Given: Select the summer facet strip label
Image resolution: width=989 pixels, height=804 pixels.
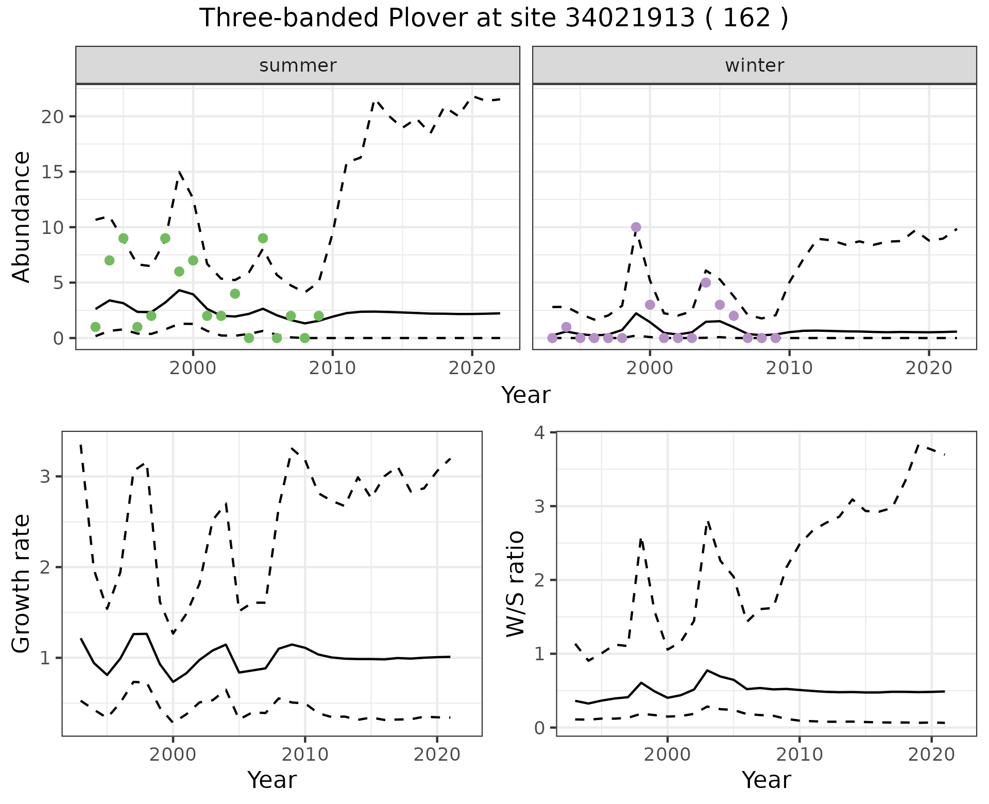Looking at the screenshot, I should pyautogui.click(x=298, y=65).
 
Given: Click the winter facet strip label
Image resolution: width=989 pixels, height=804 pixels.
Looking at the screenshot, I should pyautogui.click(x=754, y=65).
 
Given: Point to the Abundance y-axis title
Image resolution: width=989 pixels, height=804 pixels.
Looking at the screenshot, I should pyautogui.click(x=22, y=216).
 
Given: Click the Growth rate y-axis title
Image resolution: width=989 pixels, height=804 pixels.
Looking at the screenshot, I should pyautogui.click(x=22, y=583).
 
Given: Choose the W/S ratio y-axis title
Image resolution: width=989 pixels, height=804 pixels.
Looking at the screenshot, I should pyautogui.click(x=515, y=583).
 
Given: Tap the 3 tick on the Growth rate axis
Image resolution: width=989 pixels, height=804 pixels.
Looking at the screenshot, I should pyautogui.click(x=45, y=476).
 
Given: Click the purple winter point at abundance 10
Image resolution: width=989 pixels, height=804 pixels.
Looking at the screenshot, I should pyautogui.click(x=636, y=227).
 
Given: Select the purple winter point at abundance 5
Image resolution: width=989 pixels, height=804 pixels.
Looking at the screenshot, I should pyautogui.click(x=706, y=282).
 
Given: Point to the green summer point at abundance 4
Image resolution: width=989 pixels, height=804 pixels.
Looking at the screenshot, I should pyautogui.click(x=235, y=294).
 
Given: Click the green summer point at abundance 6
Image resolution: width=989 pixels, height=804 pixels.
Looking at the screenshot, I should pyautogui.click(x=179, y=272).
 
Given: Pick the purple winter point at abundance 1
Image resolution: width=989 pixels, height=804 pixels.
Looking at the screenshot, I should pyautogui.click(x=566, y=327).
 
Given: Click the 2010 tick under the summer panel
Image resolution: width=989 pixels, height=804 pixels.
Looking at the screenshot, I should pyautogui.click(x=332, y=368).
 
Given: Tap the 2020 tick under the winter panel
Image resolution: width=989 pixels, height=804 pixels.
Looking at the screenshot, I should pyautogui.click(x=929, y=368).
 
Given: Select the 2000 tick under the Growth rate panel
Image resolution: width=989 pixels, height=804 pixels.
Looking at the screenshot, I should pyautogui.click(x=173, y=755).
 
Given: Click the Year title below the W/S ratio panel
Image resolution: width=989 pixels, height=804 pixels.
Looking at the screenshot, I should pyautogui.click(x=766, y=780).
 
